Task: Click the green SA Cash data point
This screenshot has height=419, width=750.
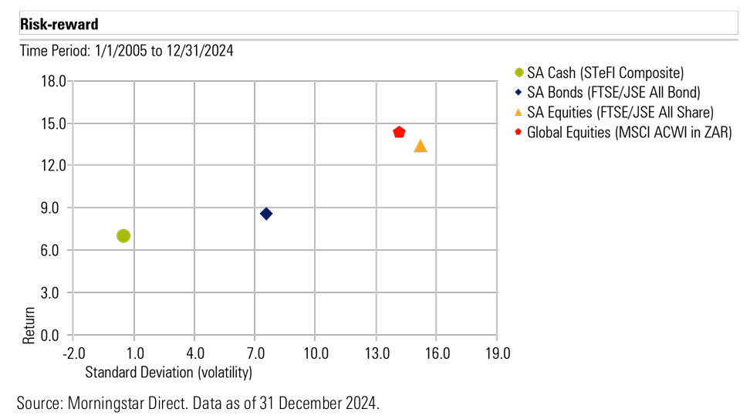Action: point(123,235)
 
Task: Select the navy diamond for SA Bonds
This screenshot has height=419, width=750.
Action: point(266,214)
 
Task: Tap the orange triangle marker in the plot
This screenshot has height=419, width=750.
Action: point(421,146)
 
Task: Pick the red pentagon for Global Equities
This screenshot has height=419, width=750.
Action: point(399,133)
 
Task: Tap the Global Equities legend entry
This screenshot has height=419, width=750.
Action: point(629,132)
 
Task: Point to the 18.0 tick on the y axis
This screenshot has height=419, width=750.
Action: point(54,81)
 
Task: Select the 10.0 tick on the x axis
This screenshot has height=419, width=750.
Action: point(316,353)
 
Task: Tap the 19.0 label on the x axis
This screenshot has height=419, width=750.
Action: point(496,353)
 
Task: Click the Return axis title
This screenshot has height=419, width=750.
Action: point(29,326)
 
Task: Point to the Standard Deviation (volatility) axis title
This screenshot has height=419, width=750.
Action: point(169,372)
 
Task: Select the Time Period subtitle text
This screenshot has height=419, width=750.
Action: point(127,51)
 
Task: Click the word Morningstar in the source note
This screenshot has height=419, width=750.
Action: point(106,402)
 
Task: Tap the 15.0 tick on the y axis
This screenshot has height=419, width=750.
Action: point(54,123)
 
